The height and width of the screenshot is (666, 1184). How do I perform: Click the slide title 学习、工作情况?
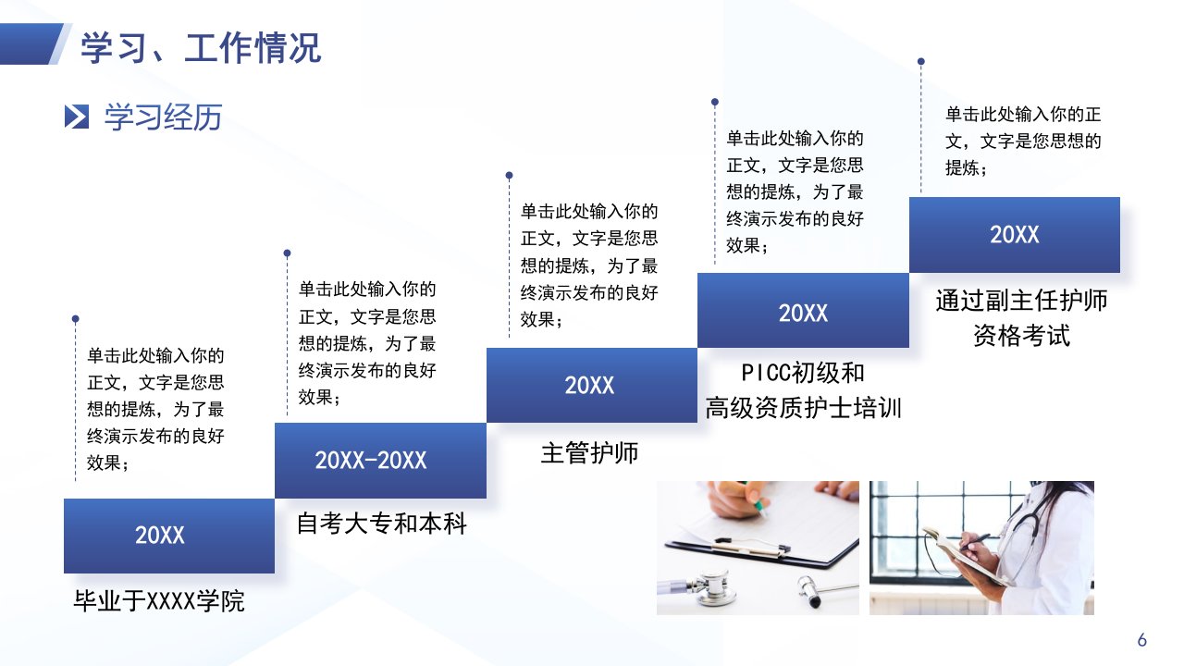[201, 48]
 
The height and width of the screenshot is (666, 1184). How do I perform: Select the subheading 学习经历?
[163, 117]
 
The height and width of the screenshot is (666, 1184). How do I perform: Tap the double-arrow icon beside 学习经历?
[77, 117]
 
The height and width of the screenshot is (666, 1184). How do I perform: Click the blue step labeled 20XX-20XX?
[380, 461]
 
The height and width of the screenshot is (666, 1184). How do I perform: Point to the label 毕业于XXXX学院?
[158, 601]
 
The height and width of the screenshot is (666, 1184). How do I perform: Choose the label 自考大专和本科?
[381, 524]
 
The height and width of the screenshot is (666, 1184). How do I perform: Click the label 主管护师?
[589, 453]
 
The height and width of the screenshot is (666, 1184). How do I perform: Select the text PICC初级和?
[802, 373]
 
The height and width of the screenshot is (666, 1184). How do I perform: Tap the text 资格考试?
[1021, 336]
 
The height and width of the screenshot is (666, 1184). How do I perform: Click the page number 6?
[1141, 640]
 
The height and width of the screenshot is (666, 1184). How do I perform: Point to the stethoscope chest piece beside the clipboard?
[715, 587]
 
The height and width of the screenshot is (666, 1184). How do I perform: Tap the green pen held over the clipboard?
[755, 500]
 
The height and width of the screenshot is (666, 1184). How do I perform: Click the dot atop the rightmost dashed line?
[920, 61]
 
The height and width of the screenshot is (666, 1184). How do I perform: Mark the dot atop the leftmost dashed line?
[76, 319]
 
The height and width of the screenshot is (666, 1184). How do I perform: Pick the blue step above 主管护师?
[592, 385]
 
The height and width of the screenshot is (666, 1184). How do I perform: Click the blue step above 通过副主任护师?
[1015, 235]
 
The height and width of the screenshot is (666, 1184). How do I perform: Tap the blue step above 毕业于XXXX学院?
[169, 536]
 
